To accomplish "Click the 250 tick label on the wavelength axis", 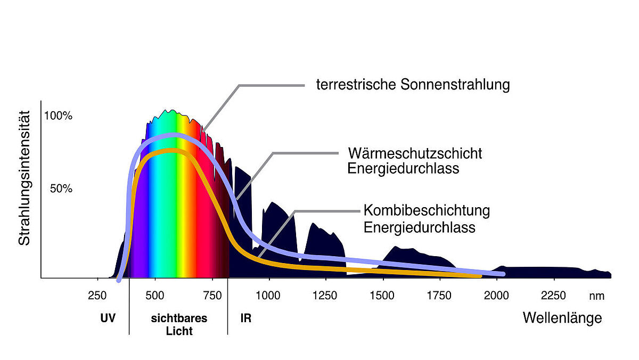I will click(x=97, y=297).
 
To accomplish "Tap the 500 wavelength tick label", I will click(x=154, y=297).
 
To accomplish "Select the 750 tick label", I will click(x=212, y=297).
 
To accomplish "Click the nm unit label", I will click(x=596, y=297).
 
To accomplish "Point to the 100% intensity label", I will click(x=58, y=116).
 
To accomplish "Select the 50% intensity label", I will click(x=61, y=189).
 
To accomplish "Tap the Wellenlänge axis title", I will click(x=562, y=318).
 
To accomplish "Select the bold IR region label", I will click(x=245, y=319).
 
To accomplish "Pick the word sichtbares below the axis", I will click(x=179, y=319).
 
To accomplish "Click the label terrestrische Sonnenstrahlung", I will click(x=413, y=85).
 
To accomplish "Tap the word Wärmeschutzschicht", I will click(x=415, y=153).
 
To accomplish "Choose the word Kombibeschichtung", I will click(x=427, y=210).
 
